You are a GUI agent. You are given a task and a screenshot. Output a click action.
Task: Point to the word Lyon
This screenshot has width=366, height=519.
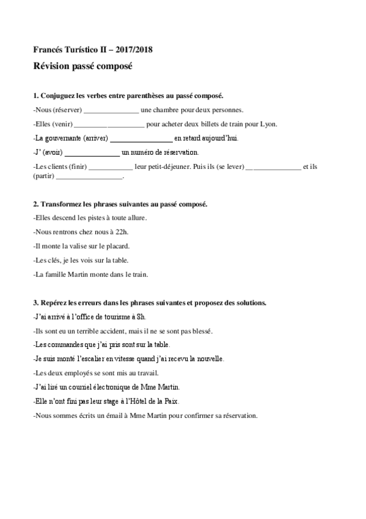(268, 124)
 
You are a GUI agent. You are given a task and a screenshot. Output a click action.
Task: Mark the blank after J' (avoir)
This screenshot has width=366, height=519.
(92, 152)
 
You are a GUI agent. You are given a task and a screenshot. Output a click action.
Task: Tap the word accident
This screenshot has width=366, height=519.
(108, 330)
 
